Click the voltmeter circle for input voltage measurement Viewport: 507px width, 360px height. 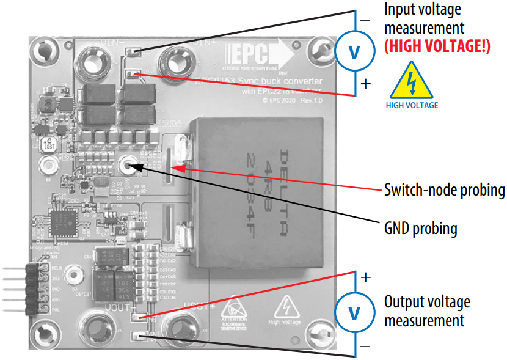pyautogui.click(x=354, y=52)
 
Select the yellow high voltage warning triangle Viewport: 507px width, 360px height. pyautogui.click(x=412, y=83)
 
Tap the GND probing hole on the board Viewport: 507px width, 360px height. pyautogui.click(x=128, y=164)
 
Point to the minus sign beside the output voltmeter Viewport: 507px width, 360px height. pyautogui.click(x=365, y=347)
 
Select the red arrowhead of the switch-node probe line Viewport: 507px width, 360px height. pyautogui.click(x=178, y=164)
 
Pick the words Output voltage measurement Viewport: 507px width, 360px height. pyautogui.click(x=427, y=311)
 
